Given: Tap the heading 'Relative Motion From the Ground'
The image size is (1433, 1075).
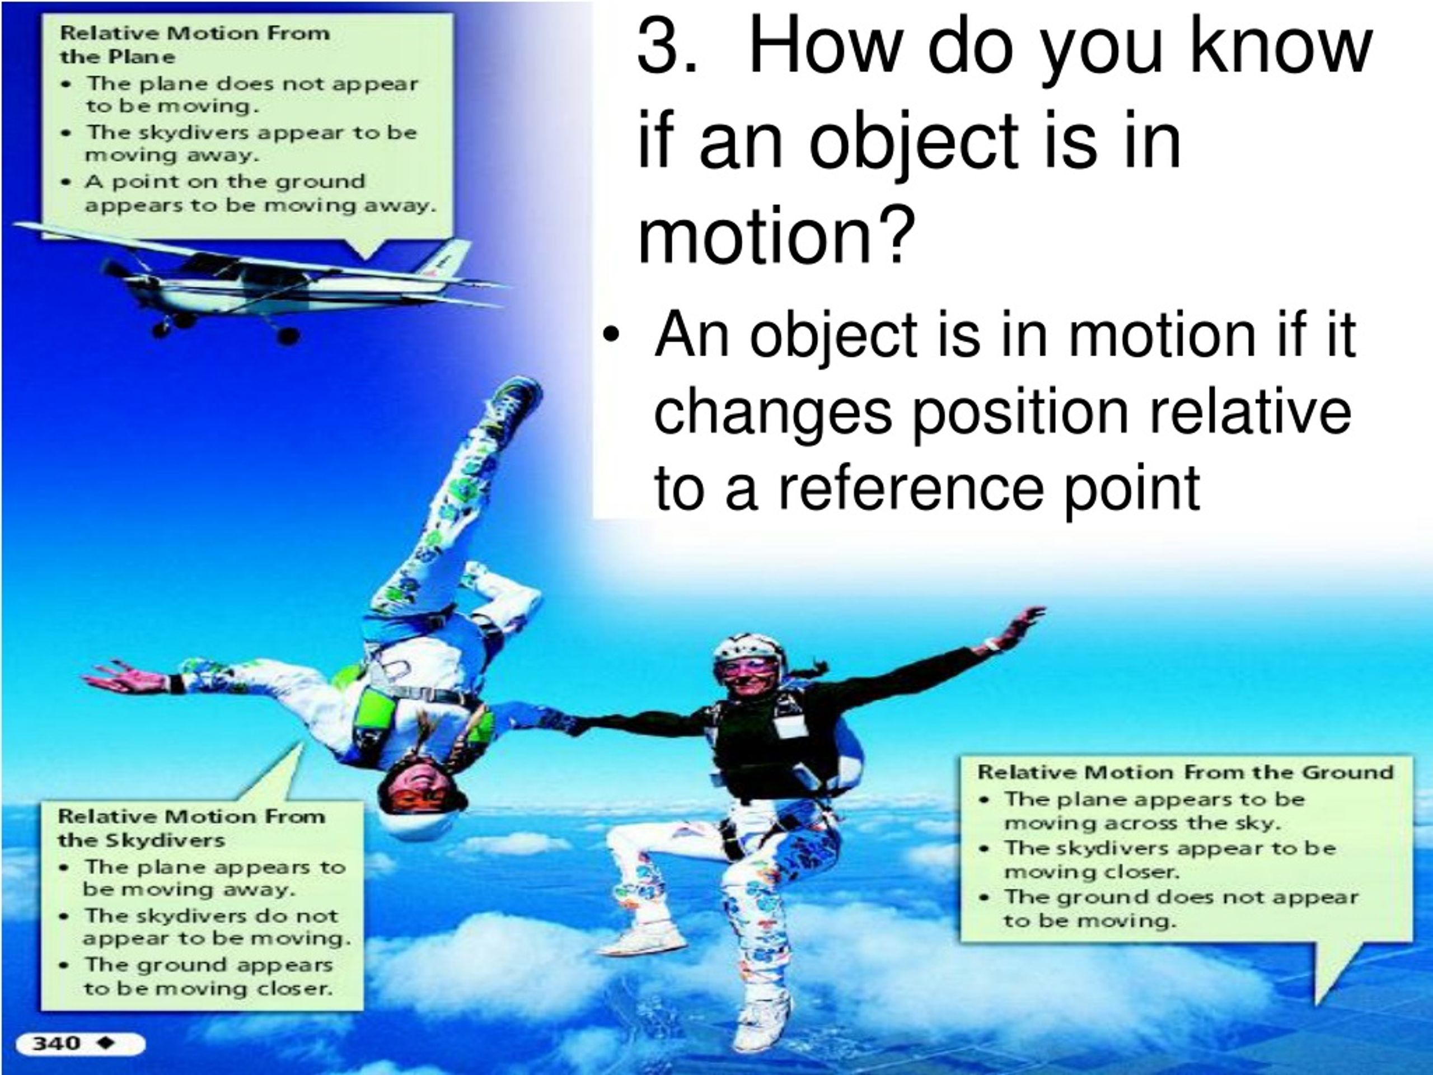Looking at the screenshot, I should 1185,773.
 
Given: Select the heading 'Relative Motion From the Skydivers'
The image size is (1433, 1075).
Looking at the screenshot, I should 191,828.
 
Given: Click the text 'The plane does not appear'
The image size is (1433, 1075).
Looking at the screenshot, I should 252,84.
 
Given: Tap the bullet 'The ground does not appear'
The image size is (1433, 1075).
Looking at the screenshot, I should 1181,897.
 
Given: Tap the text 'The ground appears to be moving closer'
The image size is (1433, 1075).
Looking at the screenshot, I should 207,976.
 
